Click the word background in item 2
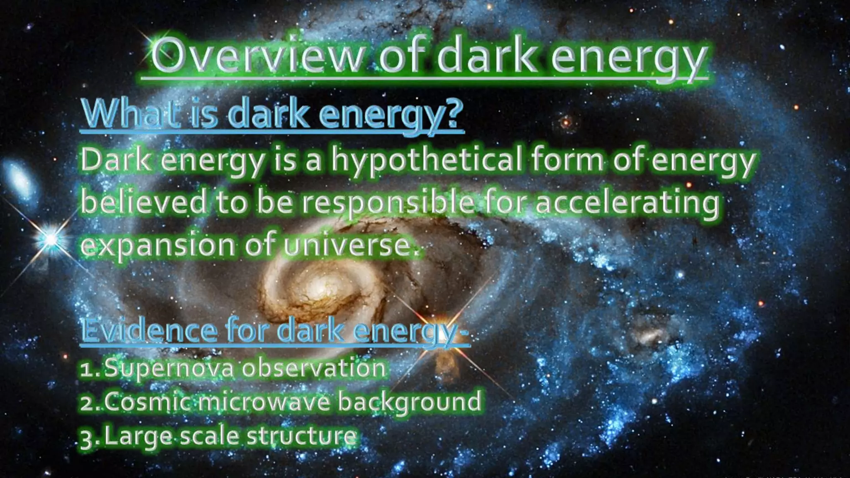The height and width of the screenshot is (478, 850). pyautogui.click(x=409, y=402)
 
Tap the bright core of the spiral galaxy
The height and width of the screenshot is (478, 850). pyautogui.click(x=320, y=286)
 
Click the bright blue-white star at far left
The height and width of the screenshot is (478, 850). pyautogui.click(x=51, y=239)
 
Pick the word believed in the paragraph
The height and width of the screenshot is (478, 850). pyautogui.click(x=143, y=202)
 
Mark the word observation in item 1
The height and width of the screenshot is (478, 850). pyautogui.click(x=314, y=368)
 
